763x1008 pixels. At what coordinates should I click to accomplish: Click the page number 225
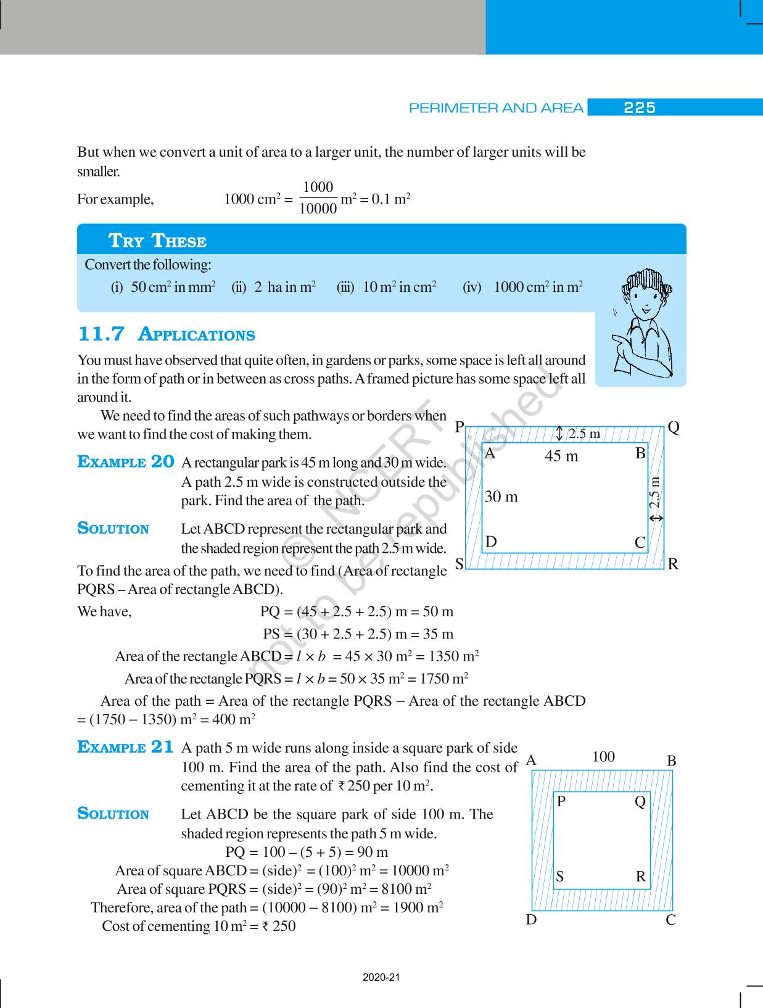[639, 108]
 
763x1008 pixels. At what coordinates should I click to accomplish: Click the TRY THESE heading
[157, 241]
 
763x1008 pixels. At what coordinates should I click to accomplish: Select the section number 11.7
[101, 334]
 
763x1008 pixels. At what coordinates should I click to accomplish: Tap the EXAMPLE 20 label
[126, 462]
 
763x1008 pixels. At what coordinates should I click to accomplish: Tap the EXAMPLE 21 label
[126, 747]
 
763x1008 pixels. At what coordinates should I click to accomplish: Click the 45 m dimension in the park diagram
[561, 456]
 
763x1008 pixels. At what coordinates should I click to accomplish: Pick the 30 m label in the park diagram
[501, 497]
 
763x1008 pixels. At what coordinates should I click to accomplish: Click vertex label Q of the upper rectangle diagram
[674, 428]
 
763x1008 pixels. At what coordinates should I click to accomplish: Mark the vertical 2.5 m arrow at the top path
[559, 434]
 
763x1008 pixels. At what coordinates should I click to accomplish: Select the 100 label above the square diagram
[603, 757]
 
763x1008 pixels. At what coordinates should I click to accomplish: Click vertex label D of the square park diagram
[531, 920]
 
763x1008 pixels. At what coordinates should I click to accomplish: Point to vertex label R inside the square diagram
[641, 877]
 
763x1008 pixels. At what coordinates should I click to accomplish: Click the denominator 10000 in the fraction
[318, 209]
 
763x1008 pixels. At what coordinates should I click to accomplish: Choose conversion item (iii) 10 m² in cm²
[387, 287]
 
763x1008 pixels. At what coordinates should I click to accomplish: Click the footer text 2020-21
[381, 978]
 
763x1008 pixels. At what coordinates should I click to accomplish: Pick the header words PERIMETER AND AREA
[496, 109]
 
